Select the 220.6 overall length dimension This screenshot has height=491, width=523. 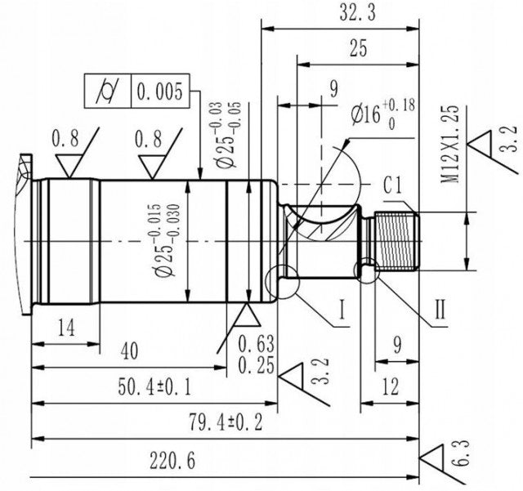point(172,461)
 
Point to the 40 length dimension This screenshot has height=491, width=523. point(128,350)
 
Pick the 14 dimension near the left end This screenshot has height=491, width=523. point(67,328)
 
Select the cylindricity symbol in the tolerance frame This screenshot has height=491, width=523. point(108,91)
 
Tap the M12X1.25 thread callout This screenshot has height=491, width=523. point(451,144)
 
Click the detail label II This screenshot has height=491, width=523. point(439,310)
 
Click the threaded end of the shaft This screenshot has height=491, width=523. point(396,241)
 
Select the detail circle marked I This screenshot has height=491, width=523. point(283,280)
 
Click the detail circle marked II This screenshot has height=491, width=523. point(366,270)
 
